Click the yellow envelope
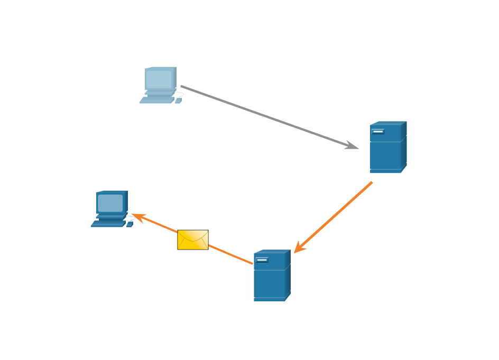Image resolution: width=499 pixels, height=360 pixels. click(x=192, y=239)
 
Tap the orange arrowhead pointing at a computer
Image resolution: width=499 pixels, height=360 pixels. click(x=136, y=216)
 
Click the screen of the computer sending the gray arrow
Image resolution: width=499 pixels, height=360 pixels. click(x=159, y=79)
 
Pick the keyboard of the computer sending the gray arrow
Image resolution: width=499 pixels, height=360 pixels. click(x=156, y=100)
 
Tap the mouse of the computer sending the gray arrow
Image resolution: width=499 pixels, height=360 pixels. click(x=178, y=100)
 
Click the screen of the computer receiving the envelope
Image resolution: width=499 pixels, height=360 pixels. click(x=110, y=203)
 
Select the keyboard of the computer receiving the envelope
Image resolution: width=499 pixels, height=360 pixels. click(x=108, y=224)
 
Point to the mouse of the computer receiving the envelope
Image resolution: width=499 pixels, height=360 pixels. click(x=130, y=224)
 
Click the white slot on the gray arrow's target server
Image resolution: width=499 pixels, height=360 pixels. click(x=378, y=132)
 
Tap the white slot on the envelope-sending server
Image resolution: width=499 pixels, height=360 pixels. click(x=262, y=260)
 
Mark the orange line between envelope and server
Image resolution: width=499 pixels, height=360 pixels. click(x=230, y=255)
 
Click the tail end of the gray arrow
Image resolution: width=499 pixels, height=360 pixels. click(x=182, y=86)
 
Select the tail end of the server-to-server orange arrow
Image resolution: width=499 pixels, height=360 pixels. click(x=371, y=183)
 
